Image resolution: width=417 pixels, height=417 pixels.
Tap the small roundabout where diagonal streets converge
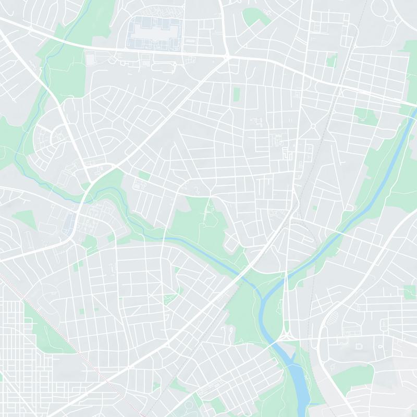click(x=313, y=126)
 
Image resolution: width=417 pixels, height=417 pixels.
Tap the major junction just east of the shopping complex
click(x=227, y=55)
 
